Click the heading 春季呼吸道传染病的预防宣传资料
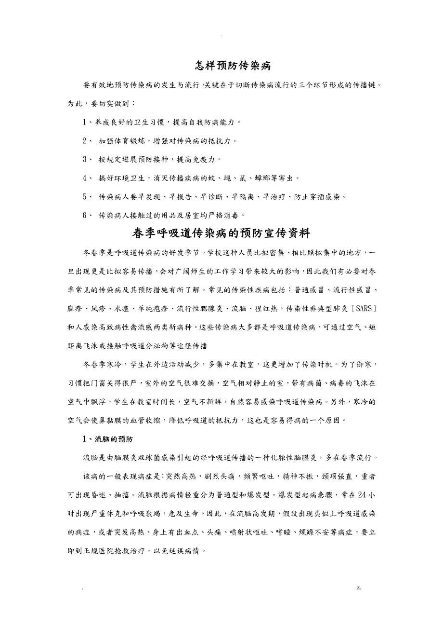click(221, 233)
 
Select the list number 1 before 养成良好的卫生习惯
click(85, 122)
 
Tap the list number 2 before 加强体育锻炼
click(85, 140)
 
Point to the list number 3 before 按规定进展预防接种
click(85, 159)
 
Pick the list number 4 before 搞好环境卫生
click(85, 178)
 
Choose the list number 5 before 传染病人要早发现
click(85, 196)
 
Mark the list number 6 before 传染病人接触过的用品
click(85, 215)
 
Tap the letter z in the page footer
click(359, 587)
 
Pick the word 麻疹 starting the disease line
click(76, 309)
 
